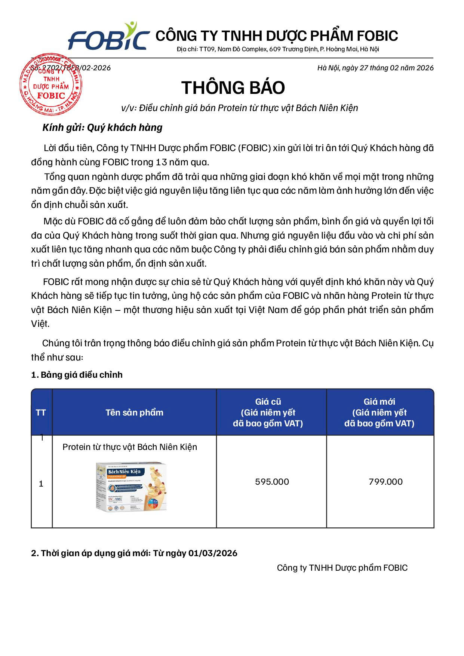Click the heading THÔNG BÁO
(233, 88)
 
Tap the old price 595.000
(272, 482)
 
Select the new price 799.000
(385, 482)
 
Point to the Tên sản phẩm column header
(134, 413)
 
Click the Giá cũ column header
(268, 413)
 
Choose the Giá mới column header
(379, 413)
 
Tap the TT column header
(41, 413)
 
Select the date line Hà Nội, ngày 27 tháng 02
(375, 68)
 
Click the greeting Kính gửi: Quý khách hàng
(102, 128)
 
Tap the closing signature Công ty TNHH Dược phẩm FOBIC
(342, 568)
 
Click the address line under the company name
(278, 49)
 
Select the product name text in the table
(130, 447)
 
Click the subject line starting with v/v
(240, 108)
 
